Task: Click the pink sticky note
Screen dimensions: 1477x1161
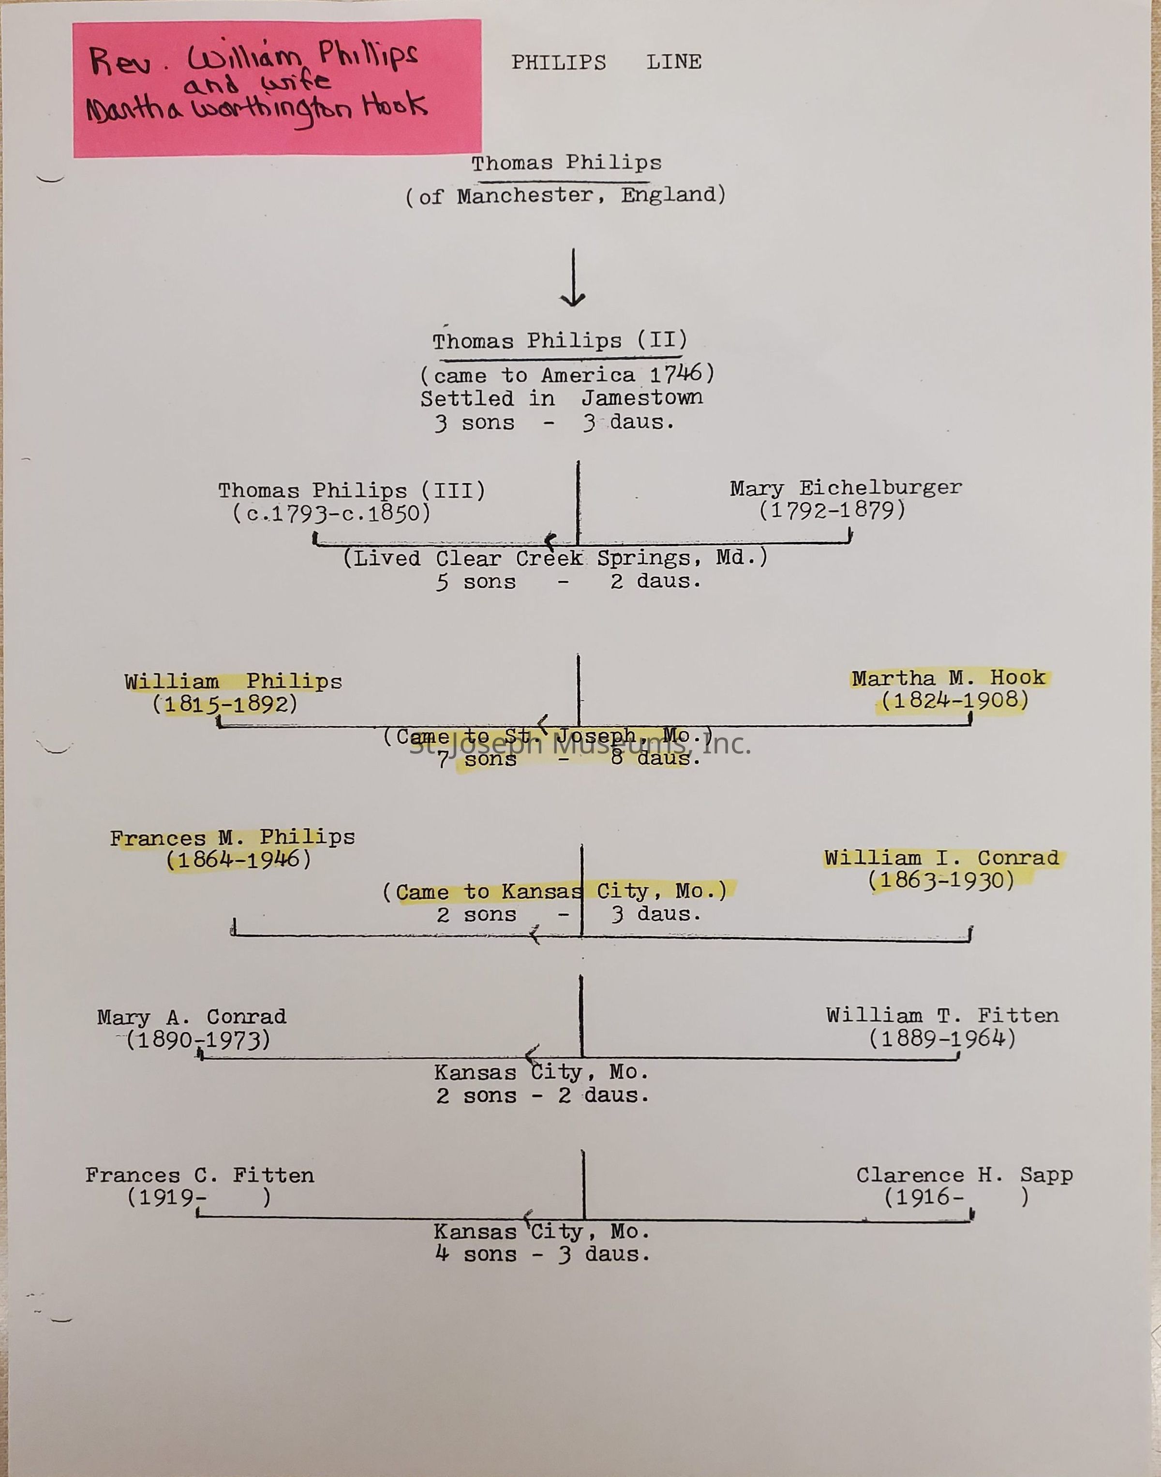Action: tap(277, 88)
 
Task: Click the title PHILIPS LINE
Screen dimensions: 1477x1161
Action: tap(606, 62)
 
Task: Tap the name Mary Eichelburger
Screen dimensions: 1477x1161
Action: tap(846, 488)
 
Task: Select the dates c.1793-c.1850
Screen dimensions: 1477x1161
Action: tap(332, 513)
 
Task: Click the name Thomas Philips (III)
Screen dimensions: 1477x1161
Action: tap(351, 491)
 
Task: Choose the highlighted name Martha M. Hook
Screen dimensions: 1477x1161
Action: tap(948, 677)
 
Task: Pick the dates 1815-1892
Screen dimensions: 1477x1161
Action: tap(225, 704)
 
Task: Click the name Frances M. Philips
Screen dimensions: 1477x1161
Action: tap(233, 838)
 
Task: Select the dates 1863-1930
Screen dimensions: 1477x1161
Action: tap(941, 880)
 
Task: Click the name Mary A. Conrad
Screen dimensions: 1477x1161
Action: tap(192, 1017)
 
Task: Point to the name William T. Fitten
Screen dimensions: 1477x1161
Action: tap(942, 1016)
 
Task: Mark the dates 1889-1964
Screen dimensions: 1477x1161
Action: tap(942, 1038)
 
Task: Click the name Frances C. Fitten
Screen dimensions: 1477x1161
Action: tap(200, 1175)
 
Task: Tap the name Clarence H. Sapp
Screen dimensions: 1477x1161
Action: tap(964, 1175)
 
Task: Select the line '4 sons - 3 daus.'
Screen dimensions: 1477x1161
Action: tap(542, 1254)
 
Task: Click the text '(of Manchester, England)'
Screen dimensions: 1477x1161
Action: tap(566, 196)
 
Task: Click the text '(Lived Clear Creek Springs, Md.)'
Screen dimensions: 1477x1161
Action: tap(555, 558)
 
